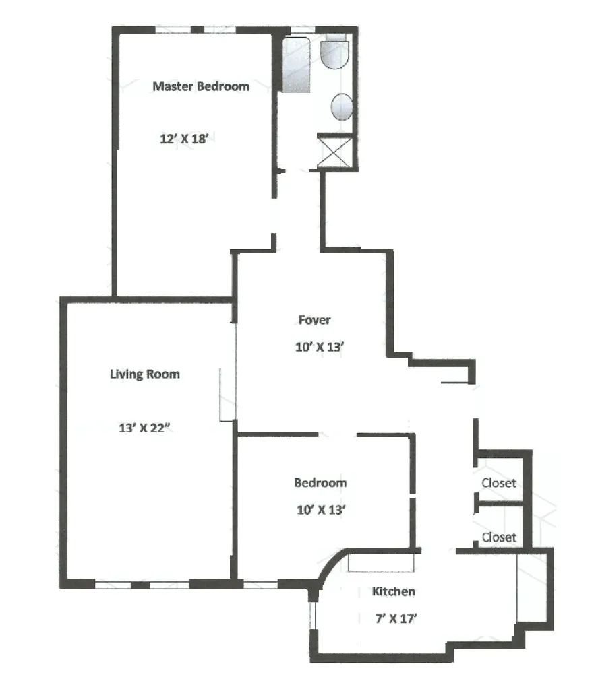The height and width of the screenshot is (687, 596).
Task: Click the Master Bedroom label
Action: (201, 86)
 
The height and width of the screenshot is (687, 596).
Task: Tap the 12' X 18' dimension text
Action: (187, 139)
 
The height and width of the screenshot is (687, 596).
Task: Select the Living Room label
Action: (145, 374)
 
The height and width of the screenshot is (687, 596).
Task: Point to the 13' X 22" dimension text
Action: (144, 426)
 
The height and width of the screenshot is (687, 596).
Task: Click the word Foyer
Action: (315, 320)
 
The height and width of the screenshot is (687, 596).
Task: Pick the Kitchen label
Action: (394, 592)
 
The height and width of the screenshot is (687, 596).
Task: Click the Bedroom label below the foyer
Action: (321, 483)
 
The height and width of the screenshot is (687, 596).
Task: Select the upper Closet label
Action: (499, 483)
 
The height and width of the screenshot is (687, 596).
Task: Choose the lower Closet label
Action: (499, 537)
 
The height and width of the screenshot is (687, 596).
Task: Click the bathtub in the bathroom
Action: (295, 65)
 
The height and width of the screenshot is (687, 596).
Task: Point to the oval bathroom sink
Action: (343, 106)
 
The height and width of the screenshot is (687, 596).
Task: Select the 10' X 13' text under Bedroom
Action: (321, 510)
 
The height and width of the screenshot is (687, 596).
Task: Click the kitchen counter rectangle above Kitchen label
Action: (381, 562)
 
